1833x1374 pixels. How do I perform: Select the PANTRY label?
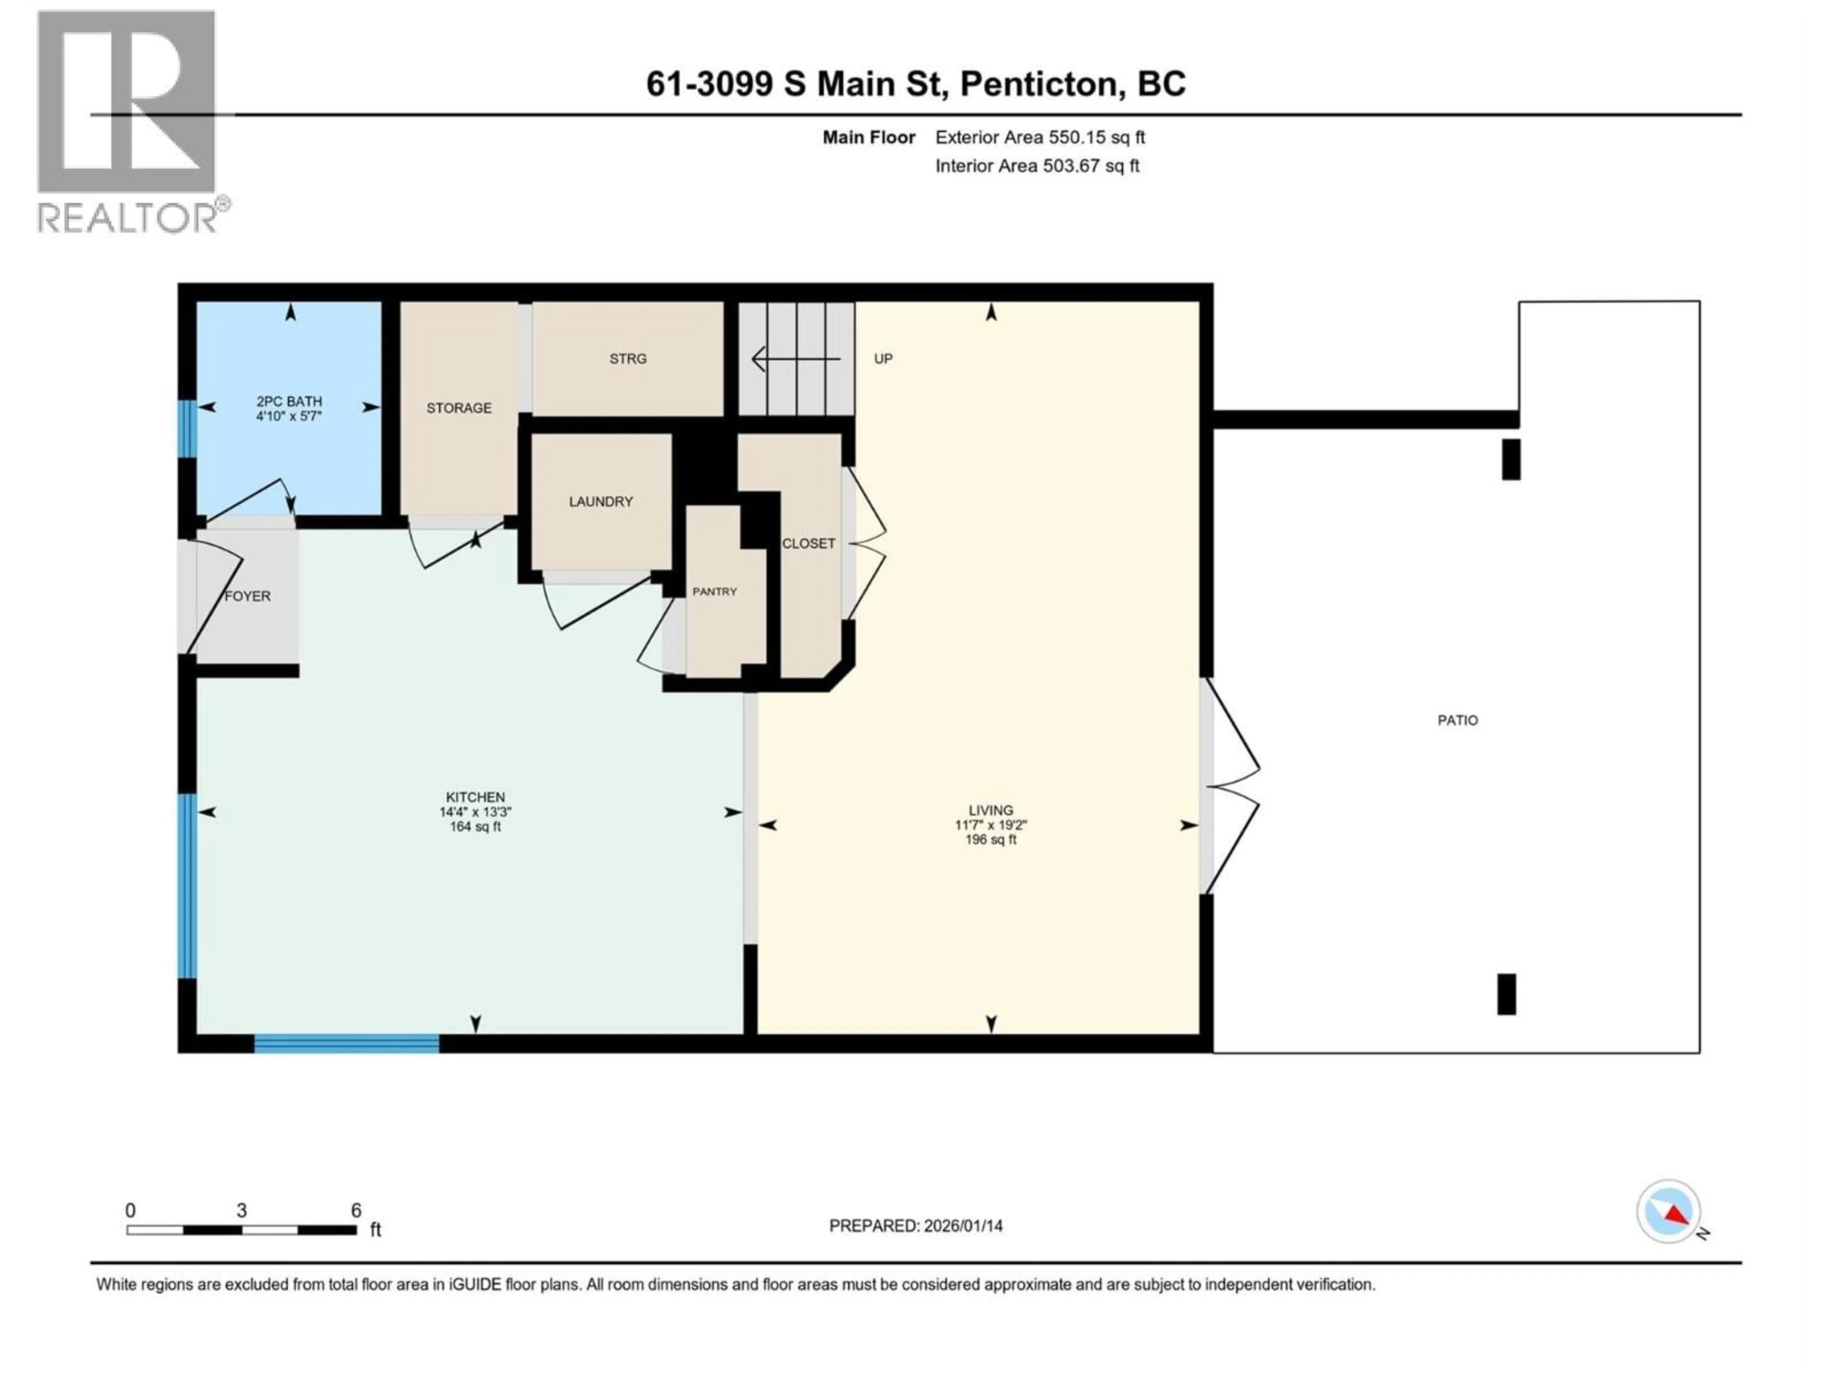click(x=714, y=591)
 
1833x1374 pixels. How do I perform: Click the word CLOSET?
click(x=808, y=543)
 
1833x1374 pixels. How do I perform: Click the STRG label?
click(x=627, y=359)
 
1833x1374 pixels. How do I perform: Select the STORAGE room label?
click(x=459, y=407)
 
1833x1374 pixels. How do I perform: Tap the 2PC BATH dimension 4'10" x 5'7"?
click(x=288, y=416)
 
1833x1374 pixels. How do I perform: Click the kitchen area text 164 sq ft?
click(x=475, y=827)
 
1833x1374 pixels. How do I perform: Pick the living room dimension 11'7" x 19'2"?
click(x=990, y=825)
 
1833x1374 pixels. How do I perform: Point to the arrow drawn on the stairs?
click(x=796, y=359)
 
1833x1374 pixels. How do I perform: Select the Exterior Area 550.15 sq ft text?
click(x=1040, y=137)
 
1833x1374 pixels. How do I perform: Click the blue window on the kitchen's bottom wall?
click(x=347, y=1043)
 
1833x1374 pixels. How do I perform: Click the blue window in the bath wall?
click(x=188, y=428)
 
